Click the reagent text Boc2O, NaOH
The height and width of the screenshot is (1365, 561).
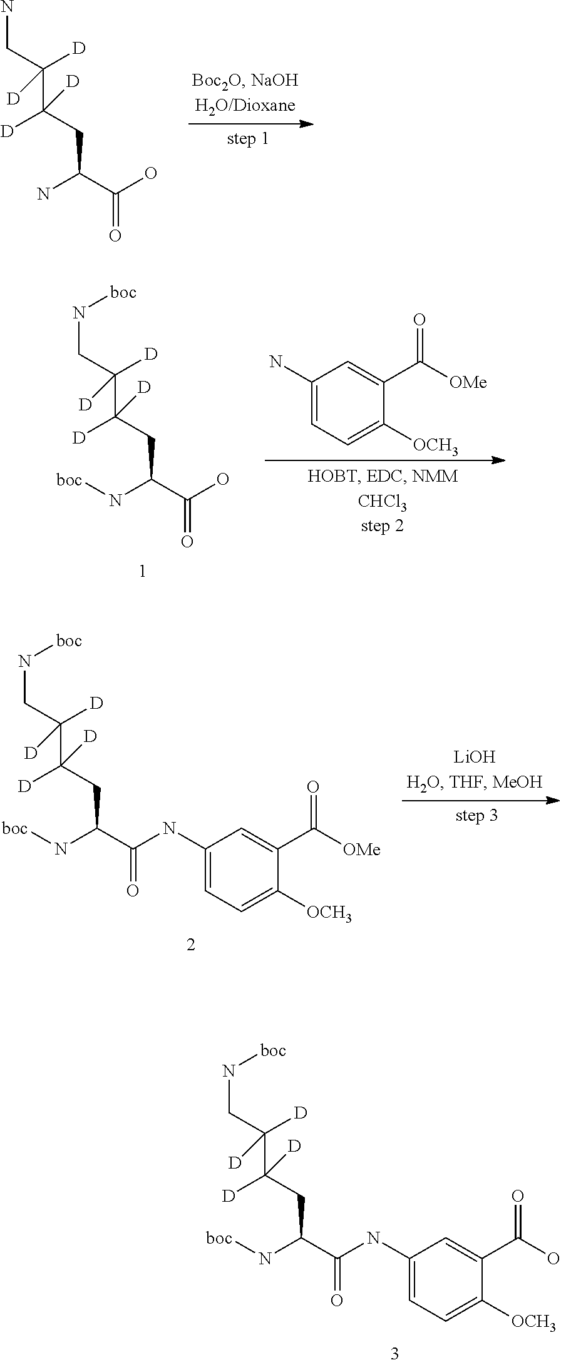245,81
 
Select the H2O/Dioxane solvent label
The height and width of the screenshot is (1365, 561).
245,106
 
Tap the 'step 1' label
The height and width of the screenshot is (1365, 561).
247,139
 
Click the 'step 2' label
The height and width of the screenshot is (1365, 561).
382,525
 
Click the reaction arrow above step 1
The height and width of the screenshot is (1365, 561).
250,123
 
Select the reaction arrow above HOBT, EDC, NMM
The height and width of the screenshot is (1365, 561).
384,460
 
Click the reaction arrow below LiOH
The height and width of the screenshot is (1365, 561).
480,799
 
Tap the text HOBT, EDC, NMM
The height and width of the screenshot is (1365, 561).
383,477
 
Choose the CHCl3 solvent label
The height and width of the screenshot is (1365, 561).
382,502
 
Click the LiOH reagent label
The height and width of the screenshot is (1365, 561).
474,757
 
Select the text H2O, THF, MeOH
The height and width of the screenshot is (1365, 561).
474,782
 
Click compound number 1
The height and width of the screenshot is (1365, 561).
143,571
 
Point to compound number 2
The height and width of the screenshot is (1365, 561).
191,944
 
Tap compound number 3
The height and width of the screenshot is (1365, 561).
394,1354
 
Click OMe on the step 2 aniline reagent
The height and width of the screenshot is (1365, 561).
468,382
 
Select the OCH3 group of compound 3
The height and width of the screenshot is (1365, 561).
533,1321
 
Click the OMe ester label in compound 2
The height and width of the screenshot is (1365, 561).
361,849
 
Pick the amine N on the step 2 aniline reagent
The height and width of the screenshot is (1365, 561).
275,361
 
